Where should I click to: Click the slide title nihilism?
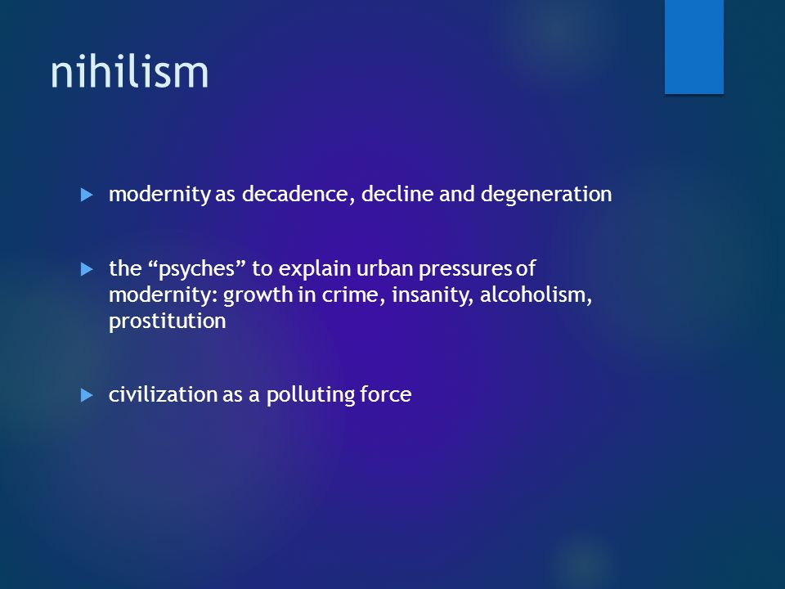tap(129, 72)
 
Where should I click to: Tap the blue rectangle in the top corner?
tap(694, 47)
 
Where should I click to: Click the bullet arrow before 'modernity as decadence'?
tap(87, 195)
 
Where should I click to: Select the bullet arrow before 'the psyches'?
tap(87, 269)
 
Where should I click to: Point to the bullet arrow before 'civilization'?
tap(87, 396)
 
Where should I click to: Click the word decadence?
tap(294, 195)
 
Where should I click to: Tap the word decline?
tap(397, 194)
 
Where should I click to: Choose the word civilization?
tap(163, 394)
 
